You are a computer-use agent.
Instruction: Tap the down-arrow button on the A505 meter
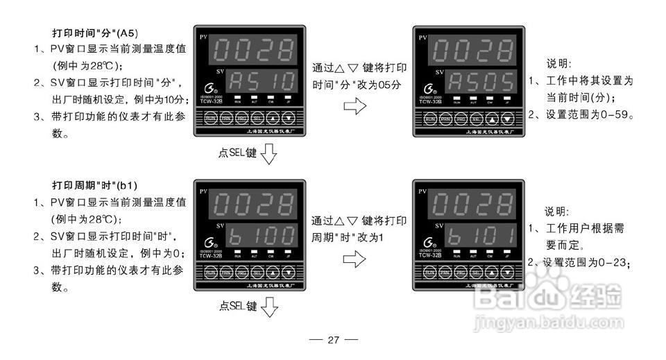click(x=508, y=119)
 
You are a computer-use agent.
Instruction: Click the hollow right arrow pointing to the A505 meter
click(x=355, y=107)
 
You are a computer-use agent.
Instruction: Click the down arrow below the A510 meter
click(x=268, y=153)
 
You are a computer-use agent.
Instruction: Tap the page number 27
click(x=333, y=340)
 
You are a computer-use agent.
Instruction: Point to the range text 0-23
click(x=610, y=263)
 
